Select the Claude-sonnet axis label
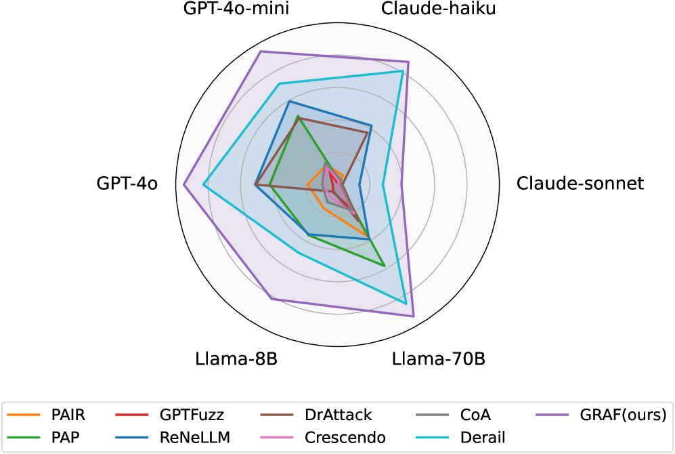580,184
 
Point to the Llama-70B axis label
439,358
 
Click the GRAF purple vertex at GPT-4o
184,184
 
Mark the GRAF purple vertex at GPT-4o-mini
261,51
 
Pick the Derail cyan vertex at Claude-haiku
403,71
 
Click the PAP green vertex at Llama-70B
384,265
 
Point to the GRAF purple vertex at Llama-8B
271,298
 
